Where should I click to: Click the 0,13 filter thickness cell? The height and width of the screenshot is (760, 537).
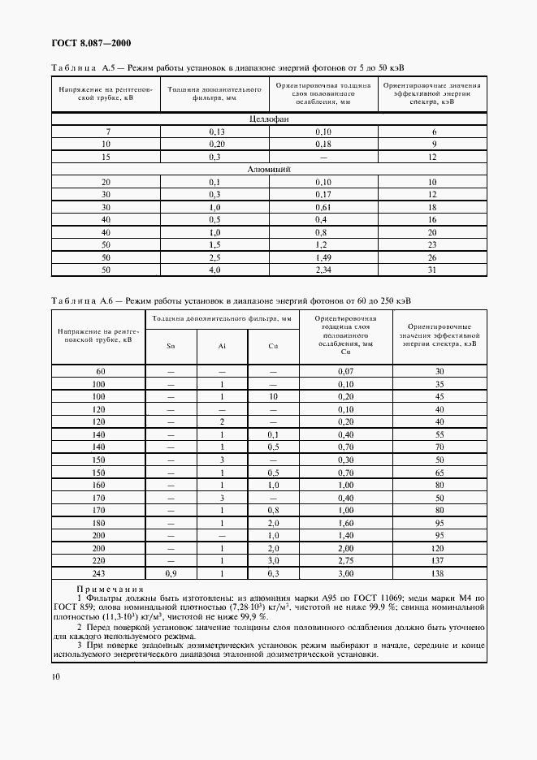[215, 132]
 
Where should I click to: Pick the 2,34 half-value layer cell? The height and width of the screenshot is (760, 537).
[323, 270]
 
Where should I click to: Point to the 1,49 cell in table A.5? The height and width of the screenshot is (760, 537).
[323, 257]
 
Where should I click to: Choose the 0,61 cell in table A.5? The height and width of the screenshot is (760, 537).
[323, 207]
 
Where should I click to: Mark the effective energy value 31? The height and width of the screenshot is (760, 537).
[432, 270]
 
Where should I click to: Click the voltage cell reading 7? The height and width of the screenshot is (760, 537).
[106, 132]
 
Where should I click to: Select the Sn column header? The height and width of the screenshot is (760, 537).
[170, 346]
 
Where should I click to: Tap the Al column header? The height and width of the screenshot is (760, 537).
[221, 346]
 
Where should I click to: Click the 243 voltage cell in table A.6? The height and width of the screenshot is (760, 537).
[99, 574]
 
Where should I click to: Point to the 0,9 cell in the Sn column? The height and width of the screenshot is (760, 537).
[170, 574]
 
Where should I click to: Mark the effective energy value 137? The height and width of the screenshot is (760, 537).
[439, 561]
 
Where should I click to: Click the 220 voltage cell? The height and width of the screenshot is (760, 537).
[99, 561]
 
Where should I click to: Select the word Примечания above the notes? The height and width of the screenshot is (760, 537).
[110, 589]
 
